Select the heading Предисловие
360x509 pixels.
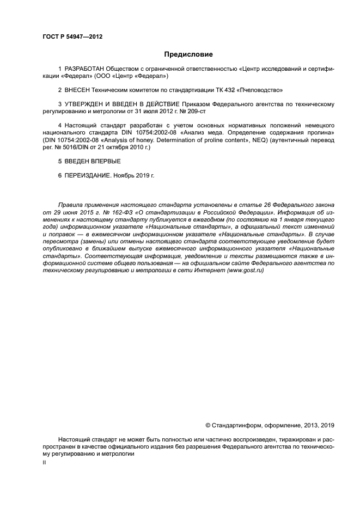tap(188, 54)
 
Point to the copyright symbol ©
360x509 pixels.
tap(208, 426)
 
